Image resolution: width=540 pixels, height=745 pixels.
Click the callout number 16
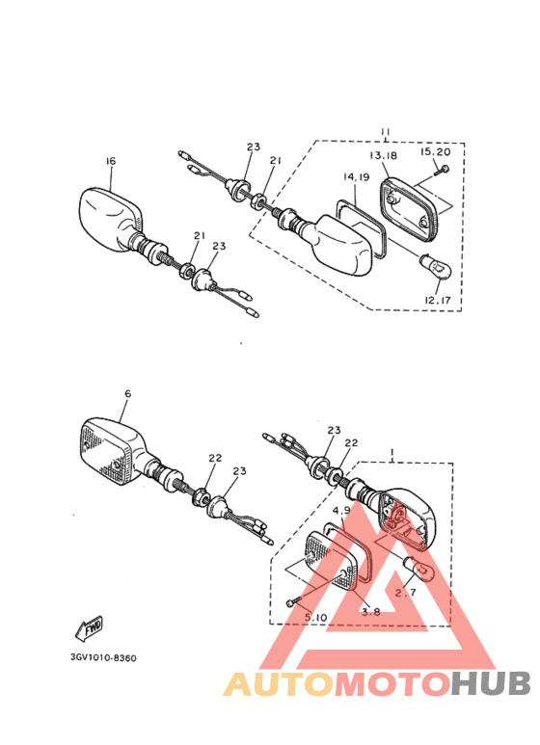[110, 163]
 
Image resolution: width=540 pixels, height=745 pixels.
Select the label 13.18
[382, 155]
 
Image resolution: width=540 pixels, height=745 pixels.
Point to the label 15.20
[434, 152]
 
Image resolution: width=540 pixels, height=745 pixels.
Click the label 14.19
[356, 177]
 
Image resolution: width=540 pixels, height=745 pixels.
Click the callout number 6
[126, 394]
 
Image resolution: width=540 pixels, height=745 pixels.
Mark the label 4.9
[341, 510]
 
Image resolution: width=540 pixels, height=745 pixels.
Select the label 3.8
[370, 611]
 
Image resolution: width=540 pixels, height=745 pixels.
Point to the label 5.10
[315, 617]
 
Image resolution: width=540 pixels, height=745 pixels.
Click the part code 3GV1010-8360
[103, 658]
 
